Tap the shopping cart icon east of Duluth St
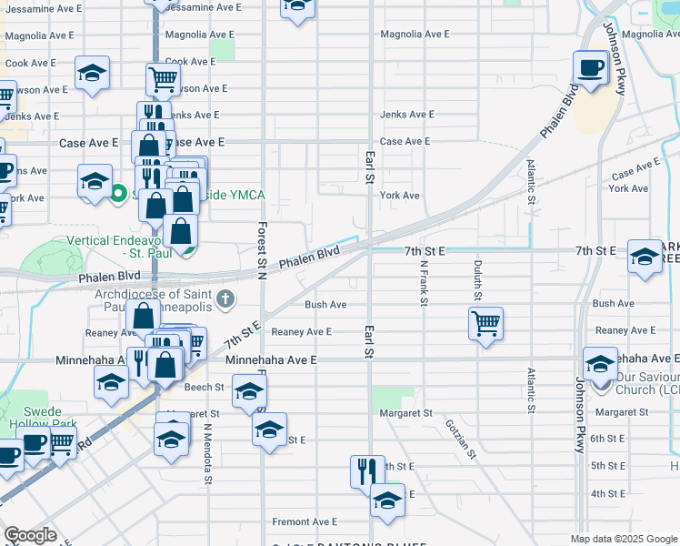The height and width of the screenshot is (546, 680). pyautogui.click(x=486, y=323)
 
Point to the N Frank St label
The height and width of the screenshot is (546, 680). pyautogui.click(x=424, y=283)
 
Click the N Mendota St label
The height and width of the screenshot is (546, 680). pyautogui.click(x=207, y=452)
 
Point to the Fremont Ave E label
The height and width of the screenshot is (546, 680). pyautogui.click(x=305, y=521)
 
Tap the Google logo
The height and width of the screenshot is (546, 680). pyautogui.click(x=30, y=535)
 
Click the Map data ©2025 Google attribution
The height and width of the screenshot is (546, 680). pyautogui.click(x=623, y=539)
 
